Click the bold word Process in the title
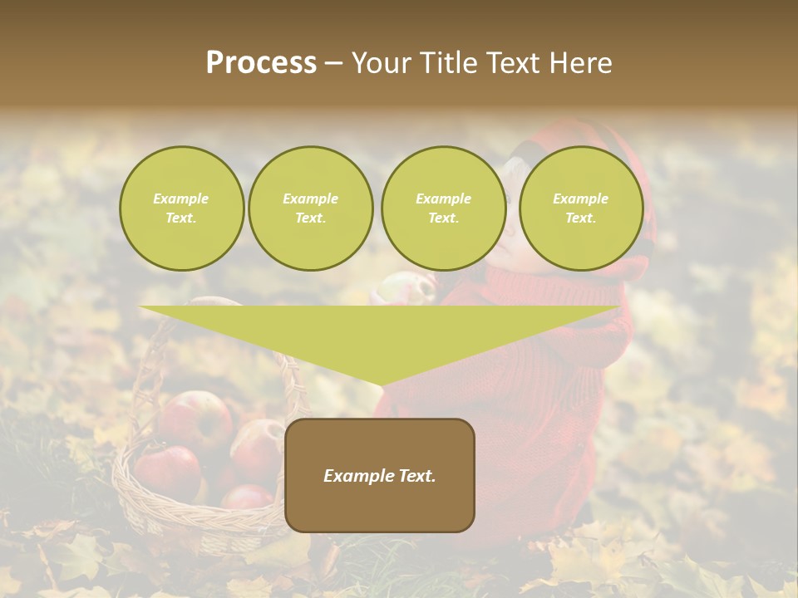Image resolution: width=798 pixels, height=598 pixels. tap(261, 63)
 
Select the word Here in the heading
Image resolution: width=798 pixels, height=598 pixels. tap(582, 63)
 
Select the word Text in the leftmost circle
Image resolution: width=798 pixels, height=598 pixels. tap(181, 218)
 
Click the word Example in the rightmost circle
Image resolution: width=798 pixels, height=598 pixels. tap(580, 199)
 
